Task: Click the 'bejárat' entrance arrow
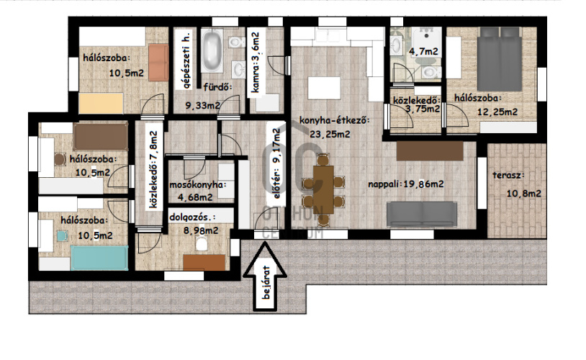tap(266, 276)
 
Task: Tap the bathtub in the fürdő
tap(212, 51)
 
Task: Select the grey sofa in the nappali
tap(422, 214)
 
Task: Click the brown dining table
tap(323, 190)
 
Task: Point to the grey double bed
tap(500, 59)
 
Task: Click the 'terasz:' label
tap(508, 175)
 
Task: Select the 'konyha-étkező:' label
tap(335, 121)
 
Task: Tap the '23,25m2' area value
tap(330, 133)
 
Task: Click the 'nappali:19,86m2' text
tap(406, 184)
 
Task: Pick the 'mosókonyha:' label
tap(198, 185)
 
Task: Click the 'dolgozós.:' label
tap(192, 217)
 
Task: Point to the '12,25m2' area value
tap(497, 112)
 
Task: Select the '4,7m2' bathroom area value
tap(423, 51)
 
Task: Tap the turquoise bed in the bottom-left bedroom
tap(99, 258)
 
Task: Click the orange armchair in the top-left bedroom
tap(158, 62)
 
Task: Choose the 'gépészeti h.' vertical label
tap(187, 60)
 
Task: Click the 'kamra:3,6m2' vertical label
tap(256, 63)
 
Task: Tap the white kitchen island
tap(324, 88)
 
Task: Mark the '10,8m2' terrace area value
tap(524, 193)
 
